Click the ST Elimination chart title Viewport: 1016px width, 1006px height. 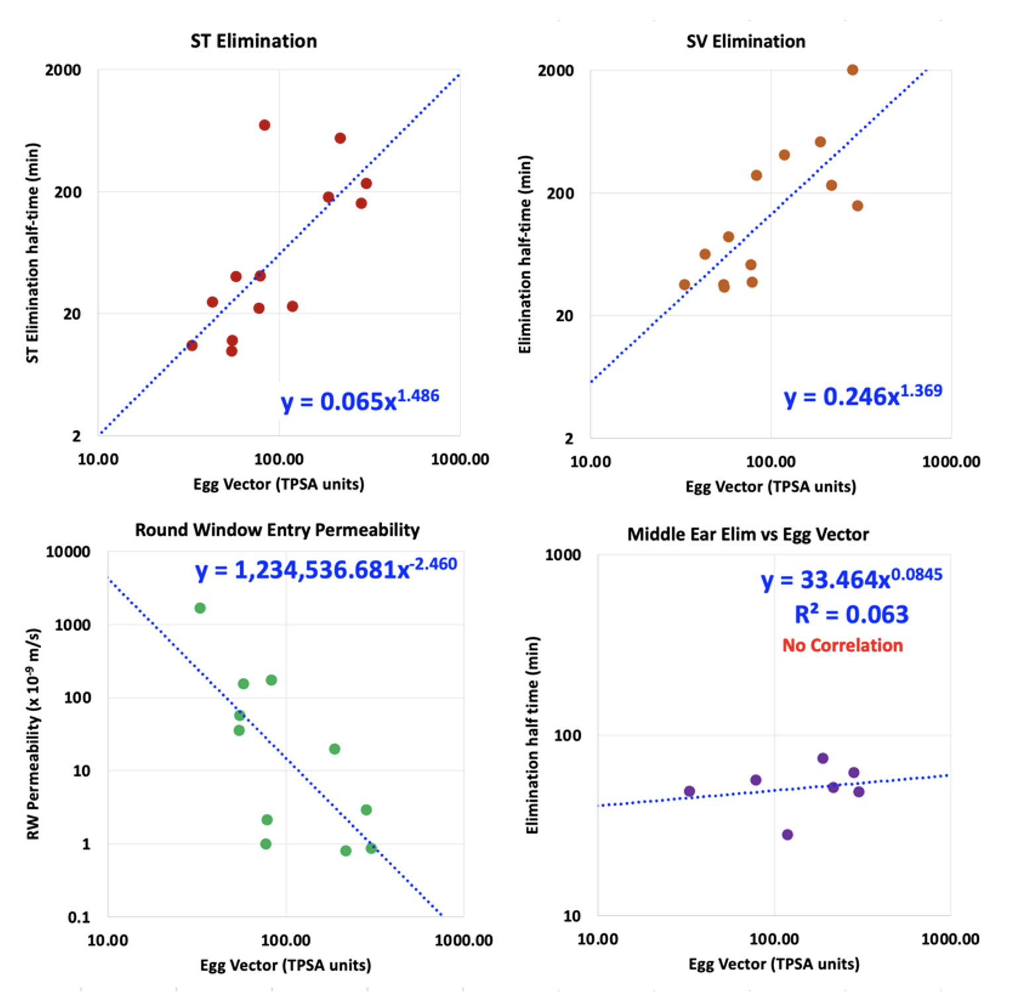(x=254, y=41)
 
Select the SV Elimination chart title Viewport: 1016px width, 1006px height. (x=746, y=42)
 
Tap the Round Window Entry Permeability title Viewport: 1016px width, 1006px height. (x=277, y=530)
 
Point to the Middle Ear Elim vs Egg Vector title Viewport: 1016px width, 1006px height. (x=748, y=535)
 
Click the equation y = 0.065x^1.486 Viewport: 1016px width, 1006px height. (x=360, y=401)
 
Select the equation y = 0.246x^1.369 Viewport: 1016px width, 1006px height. (x=862, y=396)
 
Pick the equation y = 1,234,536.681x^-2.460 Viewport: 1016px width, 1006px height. (x=325, y=569)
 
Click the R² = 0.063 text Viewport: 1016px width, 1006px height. (x=851, y=614)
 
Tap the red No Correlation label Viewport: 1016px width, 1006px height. (x=842, y=645)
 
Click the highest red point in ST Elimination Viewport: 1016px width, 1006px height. (x=264, y=125)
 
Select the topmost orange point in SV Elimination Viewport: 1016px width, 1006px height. (x=852, y=70)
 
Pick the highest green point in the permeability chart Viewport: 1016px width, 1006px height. (x=200, y=608)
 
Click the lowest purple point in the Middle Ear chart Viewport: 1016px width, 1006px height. (x=787, y=835)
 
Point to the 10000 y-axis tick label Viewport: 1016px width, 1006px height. (x=68, y=552)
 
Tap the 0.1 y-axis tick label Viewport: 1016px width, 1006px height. (x=79, y=917)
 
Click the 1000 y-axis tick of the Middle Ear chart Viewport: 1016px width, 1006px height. (x=562, y=555)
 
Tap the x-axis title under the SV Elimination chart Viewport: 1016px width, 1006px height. (x=770, y=487)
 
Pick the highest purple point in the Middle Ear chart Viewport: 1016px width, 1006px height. (x=823, y=758)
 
